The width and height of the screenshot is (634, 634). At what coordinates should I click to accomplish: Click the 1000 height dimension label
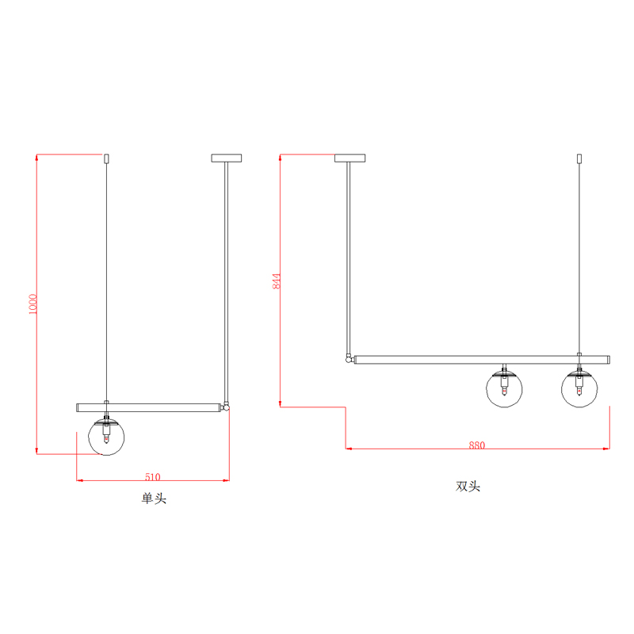pyautogui.click(x=33, y=304)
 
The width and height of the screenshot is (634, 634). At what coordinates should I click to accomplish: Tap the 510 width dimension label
pyautogui.click(x=153, y=477)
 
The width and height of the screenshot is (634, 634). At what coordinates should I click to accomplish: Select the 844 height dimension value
pyautogui.click(x=276, y=281)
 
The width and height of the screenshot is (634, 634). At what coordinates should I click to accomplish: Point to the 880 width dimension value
pyautogui.click(x=477, y=445)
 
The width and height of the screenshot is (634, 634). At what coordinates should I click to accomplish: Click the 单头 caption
pyautogui.click(x=154, y=498)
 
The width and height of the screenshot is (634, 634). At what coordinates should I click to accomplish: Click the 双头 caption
pyautogui.click(x=468, y=486)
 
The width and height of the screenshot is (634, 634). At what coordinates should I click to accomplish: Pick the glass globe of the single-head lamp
pyautogui.click(x=106, y=437)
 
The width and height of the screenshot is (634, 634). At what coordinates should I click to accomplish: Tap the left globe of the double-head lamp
pyautogui.click(x=504, y=389)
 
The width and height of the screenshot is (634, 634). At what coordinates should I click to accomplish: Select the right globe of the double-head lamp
pyautogui.click(x=579, y=389)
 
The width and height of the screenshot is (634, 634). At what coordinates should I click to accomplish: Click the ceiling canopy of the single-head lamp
pyautogui.click(x=227, y=158)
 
